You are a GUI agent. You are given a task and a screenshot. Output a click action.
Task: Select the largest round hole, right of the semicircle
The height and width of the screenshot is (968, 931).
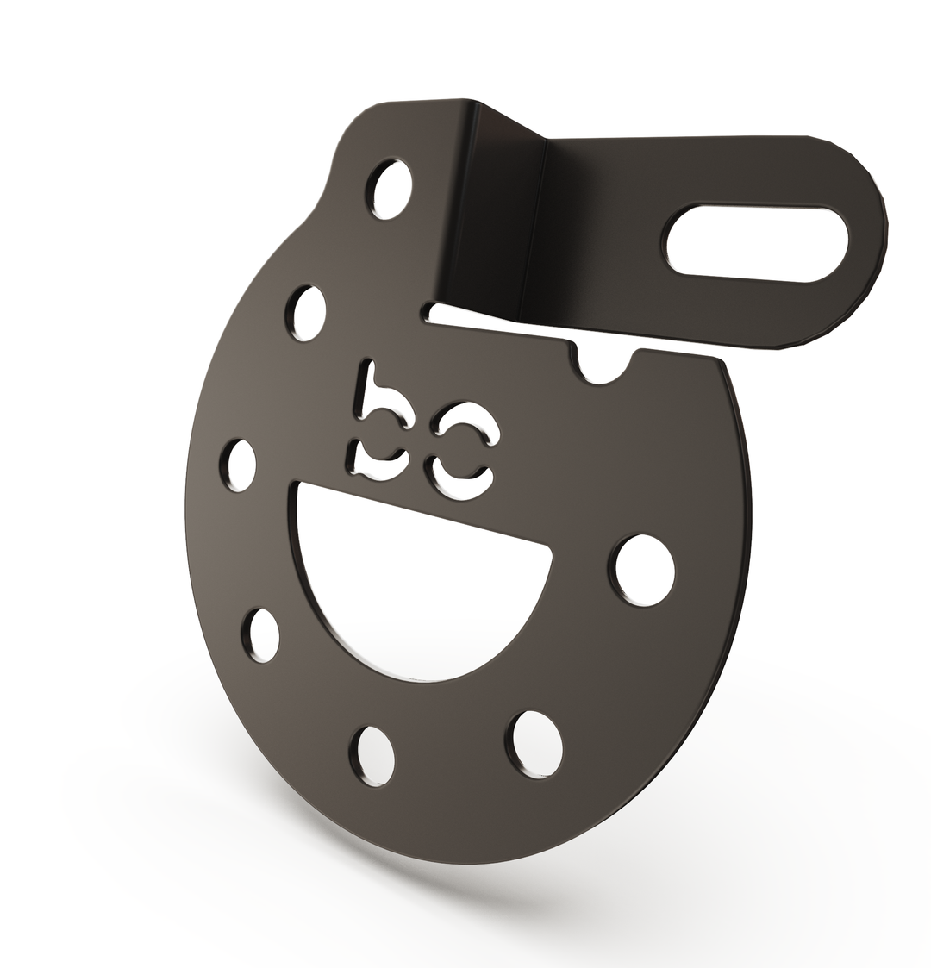645,569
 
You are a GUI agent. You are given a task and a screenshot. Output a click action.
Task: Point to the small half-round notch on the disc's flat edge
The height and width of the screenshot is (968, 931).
605,365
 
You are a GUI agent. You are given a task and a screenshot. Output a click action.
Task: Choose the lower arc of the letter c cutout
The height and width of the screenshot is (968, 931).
460,476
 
